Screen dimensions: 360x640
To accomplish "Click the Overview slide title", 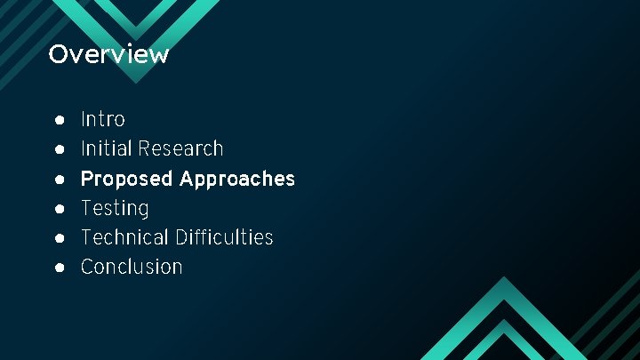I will [x=108, y=54].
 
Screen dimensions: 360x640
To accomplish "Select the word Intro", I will [x=103, y=119].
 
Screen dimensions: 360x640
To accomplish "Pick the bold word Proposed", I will [x=126, y=179].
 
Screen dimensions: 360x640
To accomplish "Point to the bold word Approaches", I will [x=236, y=179].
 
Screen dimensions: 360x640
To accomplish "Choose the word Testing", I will [x=115, y=208].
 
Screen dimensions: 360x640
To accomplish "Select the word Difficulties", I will [x=224, y=237].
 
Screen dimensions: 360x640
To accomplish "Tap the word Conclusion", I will [x=132, y=267].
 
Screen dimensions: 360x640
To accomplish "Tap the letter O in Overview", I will [x=58, y=54].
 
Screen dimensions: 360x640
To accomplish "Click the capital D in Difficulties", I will [x=181, y=237].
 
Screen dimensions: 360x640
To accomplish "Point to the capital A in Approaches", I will [x=187, y=179].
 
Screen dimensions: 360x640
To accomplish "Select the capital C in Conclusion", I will [x=87, y=267].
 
